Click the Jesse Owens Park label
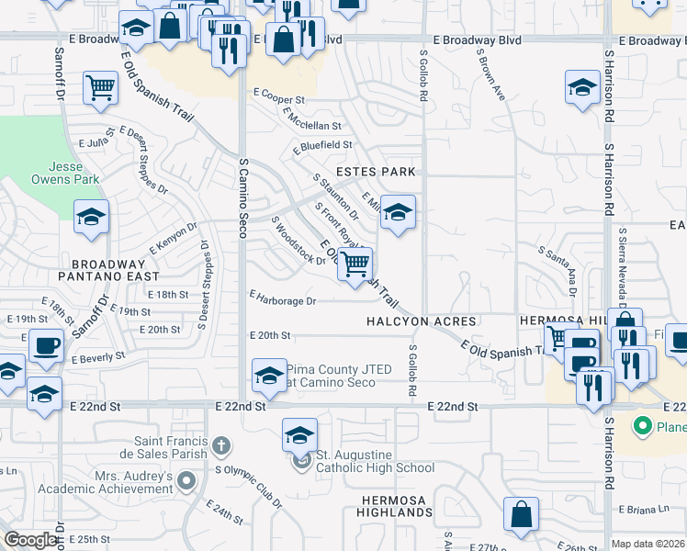(x=72, y=174)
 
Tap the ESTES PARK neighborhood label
(x=376, y=172)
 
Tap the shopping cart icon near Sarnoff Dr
(x=100, y=88)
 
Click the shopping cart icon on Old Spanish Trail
(x=355, y=264)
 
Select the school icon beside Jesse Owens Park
(x=91, y=217)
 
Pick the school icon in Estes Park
(x=397, y=212)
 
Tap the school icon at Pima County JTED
(x=268, y=375)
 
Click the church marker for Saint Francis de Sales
(x=220, y=447)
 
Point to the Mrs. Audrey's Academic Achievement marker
(x=187, y=479)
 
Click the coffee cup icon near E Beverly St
(x=46, y=345)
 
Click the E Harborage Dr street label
(x=283, y=300)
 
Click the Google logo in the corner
(x=31, y=540)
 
